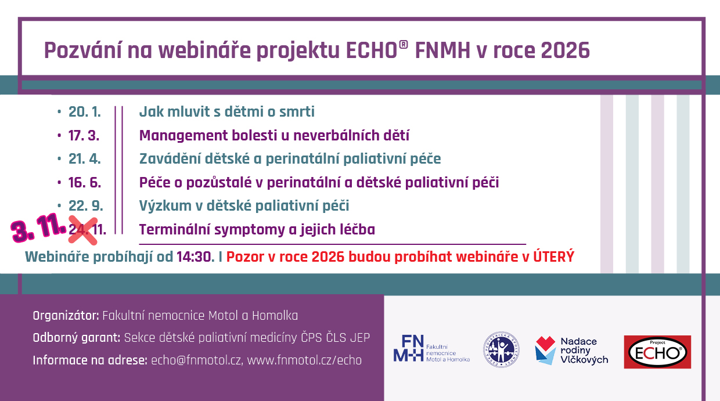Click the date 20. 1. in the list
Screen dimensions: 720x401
click(85, 112)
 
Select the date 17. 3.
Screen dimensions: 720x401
click(84, 135)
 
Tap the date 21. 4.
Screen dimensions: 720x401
click(85, 159)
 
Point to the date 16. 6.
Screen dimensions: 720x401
click(85, 182)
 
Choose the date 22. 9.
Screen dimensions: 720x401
click(86, 205)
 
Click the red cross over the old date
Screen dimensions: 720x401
click(83, 230)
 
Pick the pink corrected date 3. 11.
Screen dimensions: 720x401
click(38, 227)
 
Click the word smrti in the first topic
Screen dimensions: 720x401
click(297, 112)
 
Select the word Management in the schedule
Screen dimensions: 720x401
click(183, 136)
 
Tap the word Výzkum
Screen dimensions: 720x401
click(165, 206)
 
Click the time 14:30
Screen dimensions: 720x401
click(196, 257)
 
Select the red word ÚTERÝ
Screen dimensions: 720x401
click(553, 256)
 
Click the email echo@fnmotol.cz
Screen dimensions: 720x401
click(196, 360)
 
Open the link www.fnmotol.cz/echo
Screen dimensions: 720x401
click(304, 360)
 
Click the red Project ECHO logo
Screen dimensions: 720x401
click(657, 352)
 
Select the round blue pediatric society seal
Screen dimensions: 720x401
click(501, 349)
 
